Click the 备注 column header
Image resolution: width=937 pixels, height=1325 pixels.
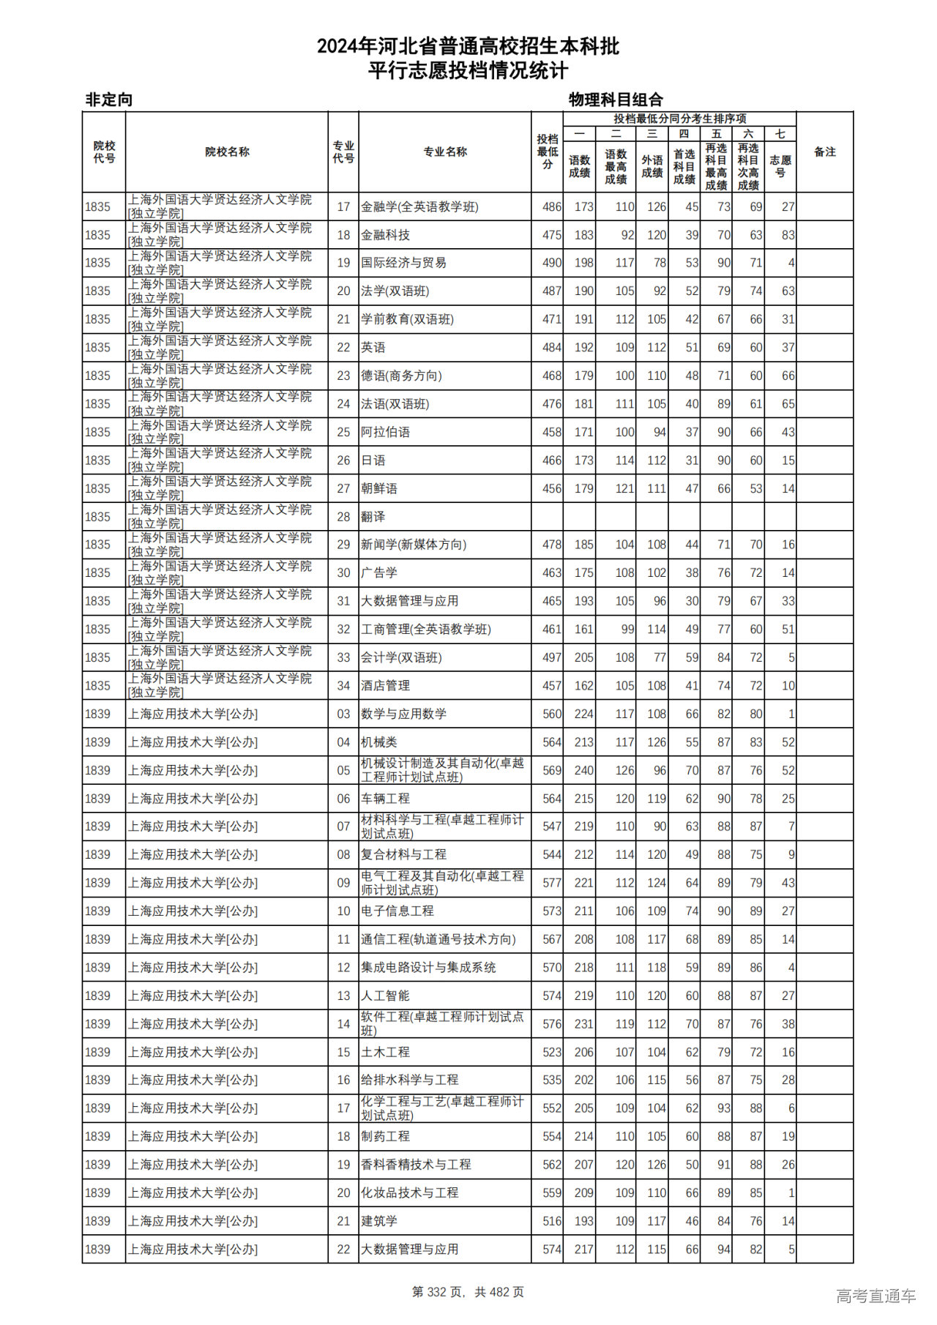pyautogui.click(x=824, y=152)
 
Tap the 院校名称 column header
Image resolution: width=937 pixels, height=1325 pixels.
pyautogui.click(x=227, y=152)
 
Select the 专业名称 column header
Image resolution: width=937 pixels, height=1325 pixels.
pyautogui.click(x=444, y=152)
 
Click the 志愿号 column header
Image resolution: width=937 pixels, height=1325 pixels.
pyautogui.click(x=780, y=165)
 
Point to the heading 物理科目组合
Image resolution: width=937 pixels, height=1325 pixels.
pyautogui.click(x=616, y=100)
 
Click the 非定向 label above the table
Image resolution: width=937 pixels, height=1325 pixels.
pyautogui.click(x=109, y=100)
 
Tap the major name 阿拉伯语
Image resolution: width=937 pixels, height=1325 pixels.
pyautogui.click(x=385, y=432)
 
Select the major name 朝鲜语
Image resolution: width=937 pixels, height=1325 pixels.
pyautogui.click(x=379, y=488)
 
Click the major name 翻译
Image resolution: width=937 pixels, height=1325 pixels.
pyautogui.click(x=373, y=517)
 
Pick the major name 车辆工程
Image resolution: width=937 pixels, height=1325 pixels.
pyautogui.click(x=385, y=799)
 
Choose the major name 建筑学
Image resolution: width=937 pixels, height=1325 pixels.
pyautogui.click(x=379, y=1221)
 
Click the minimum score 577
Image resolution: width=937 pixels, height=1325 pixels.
pyautogui.click(x=551, y=883)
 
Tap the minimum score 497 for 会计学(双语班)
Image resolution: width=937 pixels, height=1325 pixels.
pyautogui.click(x=551, y=657)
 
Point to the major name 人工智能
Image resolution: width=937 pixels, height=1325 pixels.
pyautogui.click(x=385, y=996)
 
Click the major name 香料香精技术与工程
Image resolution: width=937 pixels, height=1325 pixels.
pyautogui.click(x=416, y=1165)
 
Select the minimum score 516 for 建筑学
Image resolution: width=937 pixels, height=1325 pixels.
pyautogui.click(x=551, y=1221)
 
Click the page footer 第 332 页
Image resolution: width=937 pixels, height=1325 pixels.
pyautogui.click(x=438, y=1292)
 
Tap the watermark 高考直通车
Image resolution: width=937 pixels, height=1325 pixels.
pyautogui.click(x=876, y=1296)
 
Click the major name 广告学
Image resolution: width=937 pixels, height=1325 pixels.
pyautogui.click(x=379, y=572)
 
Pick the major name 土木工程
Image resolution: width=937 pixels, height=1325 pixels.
pyautogui.click(x=385, y=1052)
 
